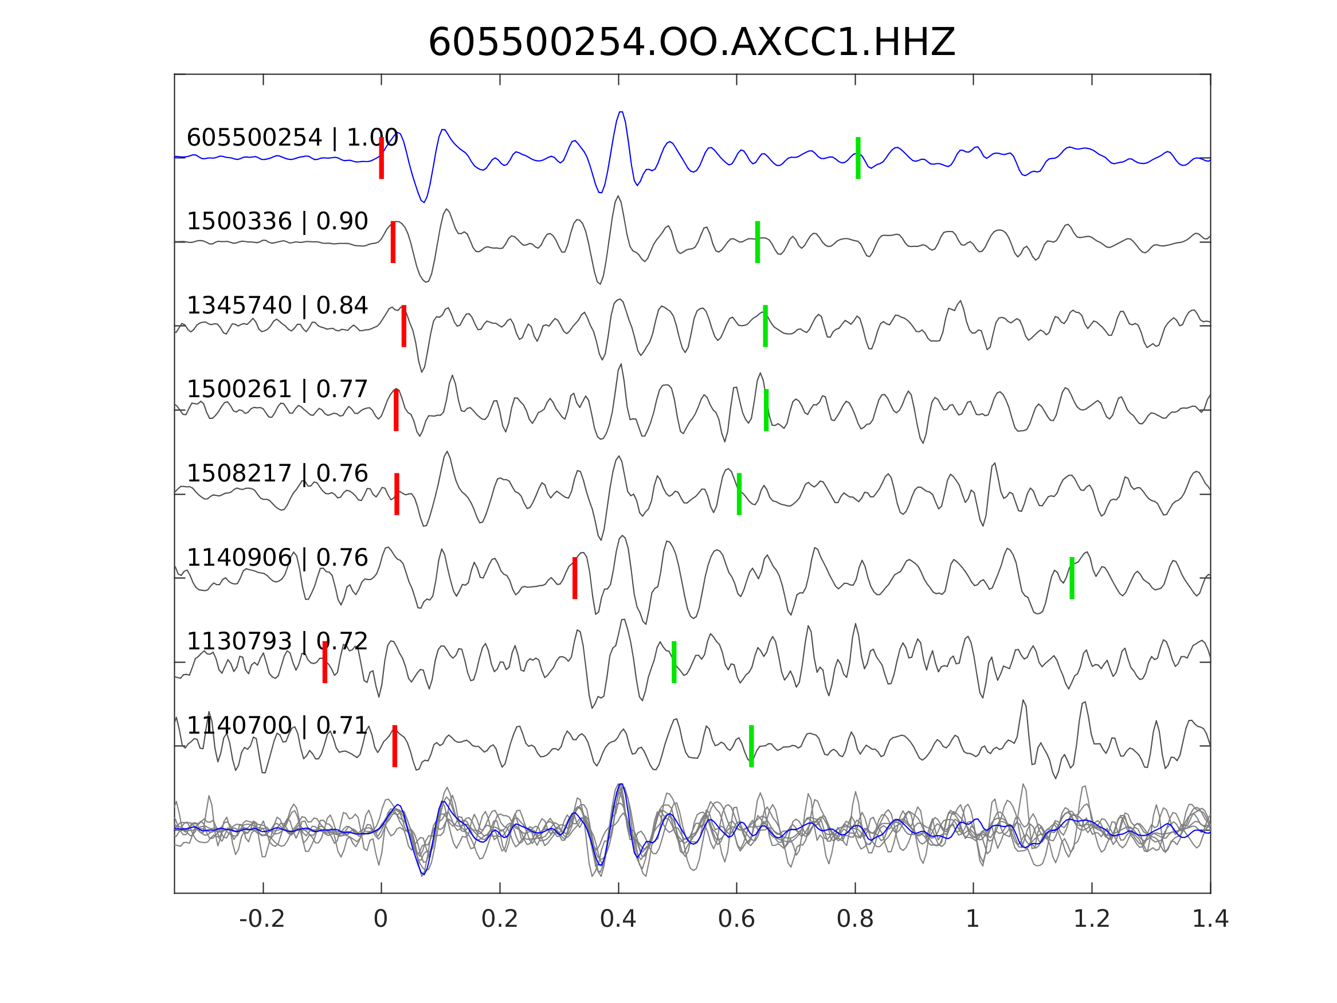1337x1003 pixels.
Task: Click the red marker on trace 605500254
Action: pos(382,158)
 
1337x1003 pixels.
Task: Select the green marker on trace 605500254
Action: pos(858,158)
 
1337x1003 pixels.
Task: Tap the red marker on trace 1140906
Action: pos(575,578)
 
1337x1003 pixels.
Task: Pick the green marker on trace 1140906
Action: pos(1072,578)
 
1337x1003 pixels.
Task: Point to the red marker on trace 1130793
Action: pos(325,662)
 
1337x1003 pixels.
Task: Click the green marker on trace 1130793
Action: pos(674,662)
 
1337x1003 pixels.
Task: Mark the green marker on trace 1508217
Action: pos(739,494)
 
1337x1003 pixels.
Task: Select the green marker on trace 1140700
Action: pos(751,746)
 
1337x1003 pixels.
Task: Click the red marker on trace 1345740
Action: pos(404,326)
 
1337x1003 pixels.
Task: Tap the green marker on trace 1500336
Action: pos(758,242)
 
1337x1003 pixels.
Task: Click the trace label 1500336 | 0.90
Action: pos(277,221)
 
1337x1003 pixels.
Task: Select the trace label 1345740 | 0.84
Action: pos(277,305)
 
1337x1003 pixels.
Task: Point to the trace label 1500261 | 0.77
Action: pos(277,389)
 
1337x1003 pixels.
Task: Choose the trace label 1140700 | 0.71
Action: pos(277,726)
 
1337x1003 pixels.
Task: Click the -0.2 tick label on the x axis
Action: pos(262,919)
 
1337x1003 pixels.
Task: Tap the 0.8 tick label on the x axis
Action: pos(854,919)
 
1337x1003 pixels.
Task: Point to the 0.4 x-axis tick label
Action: pos(618,919)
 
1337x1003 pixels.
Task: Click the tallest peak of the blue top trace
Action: pos(621,112)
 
